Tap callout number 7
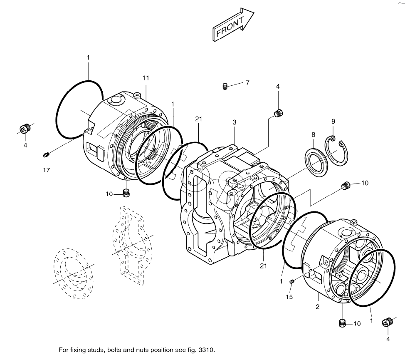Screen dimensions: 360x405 coord(247,83)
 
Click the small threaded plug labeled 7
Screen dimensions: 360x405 coord(225,87)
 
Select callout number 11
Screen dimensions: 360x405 coord(146,78)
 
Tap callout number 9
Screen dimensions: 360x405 coord(333,121)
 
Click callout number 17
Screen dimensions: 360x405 coord(47,170)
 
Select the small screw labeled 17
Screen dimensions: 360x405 coord(46,155)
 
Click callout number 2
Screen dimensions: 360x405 coord(317,307)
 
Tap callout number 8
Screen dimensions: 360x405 coord(314,134)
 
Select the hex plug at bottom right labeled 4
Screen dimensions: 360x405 coord(388,322)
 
